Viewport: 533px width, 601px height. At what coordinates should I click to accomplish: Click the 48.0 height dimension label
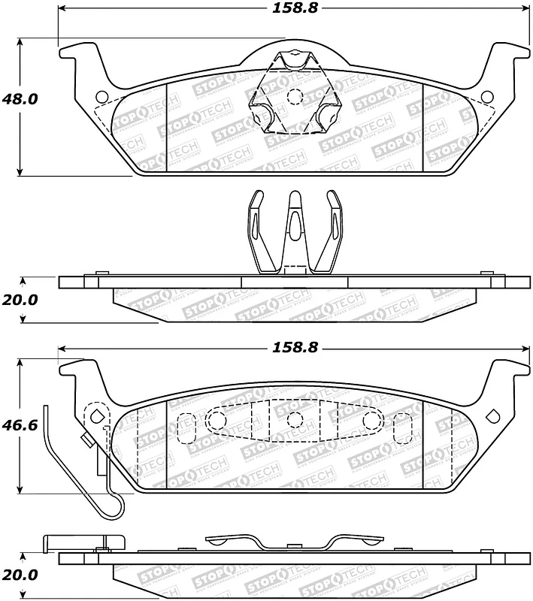(x=21, y=98)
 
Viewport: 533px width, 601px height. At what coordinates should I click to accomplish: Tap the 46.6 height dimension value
(x=21, y=424)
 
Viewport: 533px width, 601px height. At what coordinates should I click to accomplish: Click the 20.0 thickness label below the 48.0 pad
(x=20, y=300)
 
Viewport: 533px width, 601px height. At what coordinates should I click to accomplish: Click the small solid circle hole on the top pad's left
(x=103, y=96)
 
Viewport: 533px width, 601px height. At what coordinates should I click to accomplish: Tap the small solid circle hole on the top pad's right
(x=486, y=96)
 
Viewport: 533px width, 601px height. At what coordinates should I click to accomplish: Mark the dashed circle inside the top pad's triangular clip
(x=295, y=96)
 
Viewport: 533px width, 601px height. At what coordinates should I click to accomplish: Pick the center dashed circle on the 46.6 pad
(x=295, y=419)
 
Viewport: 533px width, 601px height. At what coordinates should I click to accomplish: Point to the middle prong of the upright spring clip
(x=294, y=225)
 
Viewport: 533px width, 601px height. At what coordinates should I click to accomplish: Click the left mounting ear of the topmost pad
(x=79, y=54)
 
